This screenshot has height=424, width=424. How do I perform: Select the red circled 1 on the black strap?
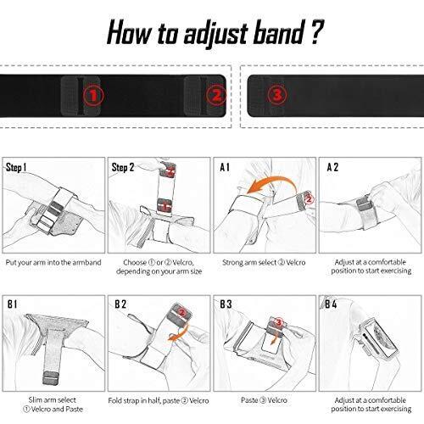coord(93,96)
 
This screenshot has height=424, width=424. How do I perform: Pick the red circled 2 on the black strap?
coord(216,96)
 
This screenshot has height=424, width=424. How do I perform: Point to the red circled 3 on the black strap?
coord(277,95)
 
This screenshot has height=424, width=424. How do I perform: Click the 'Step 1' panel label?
coord(16,167)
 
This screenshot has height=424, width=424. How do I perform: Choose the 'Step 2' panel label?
coord(123,167)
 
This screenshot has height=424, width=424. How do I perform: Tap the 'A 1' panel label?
coord(225,167)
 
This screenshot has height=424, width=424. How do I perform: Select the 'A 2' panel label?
coord(332,167)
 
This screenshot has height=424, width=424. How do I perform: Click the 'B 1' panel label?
coord(12,304)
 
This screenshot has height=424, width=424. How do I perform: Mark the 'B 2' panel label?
coord(120,304)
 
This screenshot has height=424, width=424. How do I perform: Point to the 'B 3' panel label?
coord(226,304)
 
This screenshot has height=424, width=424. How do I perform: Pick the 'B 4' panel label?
coord(331,304)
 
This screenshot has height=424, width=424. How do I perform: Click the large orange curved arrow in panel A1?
coord(271,177)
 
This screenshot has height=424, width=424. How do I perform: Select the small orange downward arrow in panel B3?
coord(274,338)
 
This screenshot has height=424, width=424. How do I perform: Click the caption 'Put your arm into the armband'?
coord(53,263)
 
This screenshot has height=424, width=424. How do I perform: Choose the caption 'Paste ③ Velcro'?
coord(264,400)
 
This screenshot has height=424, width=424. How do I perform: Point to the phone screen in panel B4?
coord(380,338)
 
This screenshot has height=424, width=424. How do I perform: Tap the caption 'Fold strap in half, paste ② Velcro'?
coord(159,401)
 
